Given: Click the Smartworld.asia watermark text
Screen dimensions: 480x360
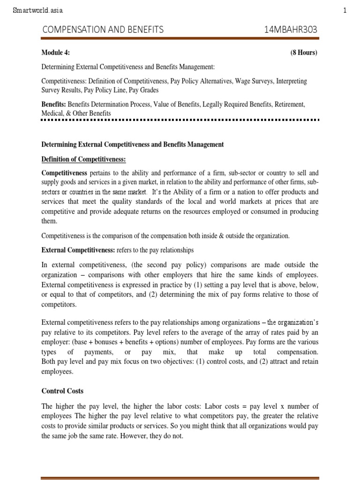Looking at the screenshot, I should (37, 10).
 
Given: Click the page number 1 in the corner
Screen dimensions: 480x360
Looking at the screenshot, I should (345, 10).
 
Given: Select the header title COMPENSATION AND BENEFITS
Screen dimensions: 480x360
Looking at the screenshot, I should (103, 30).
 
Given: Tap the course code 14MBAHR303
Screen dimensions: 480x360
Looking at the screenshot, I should (291, 30).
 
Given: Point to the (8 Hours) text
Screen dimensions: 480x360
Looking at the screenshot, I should (304, 52).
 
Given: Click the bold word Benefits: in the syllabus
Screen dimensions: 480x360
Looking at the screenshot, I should (54, 104).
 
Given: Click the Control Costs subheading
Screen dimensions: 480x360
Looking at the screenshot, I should (62, 390).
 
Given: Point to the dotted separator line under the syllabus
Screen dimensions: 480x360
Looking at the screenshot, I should (180, 120).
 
